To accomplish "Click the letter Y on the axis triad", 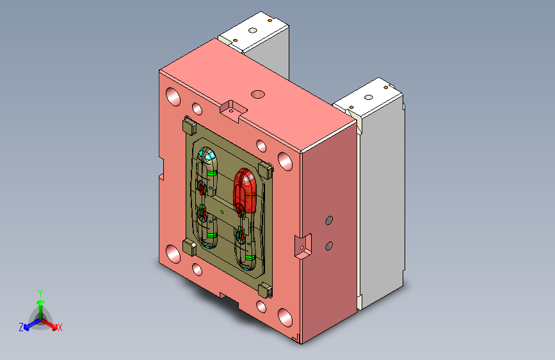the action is (40, 293).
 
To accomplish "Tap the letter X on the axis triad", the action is (60, 327).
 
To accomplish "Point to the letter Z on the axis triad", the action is (21, 327).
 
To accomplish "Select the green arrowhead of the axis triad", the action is (41, 302).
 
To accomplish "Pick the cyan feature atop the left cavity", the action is (207, 155).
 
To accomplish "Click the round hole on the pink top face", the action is (258, 95).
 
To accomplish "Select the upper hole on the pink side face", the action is (329, 220).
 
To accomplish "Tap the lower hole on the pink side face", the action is (329, 245).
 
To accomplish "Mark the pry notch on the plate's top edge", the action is (232, 109).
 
